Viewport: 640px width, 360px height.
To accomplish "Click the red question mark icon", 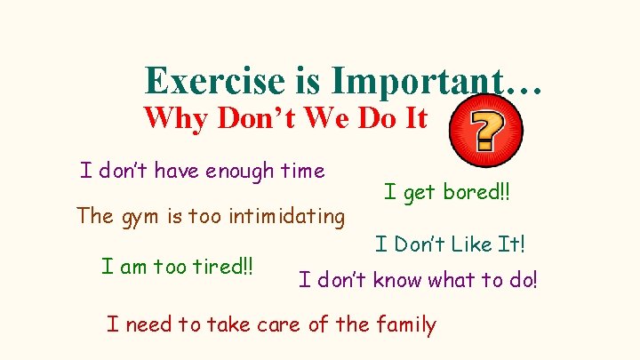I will click(x=485, y=132).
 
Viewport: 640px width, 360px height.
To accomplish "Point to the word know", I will click(x=398, y=281).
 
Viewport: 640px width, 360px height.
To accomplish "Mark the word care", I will click(x=276, y=324).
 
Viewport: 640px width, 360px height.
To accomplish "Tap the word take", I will click(x=226, y=324).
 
